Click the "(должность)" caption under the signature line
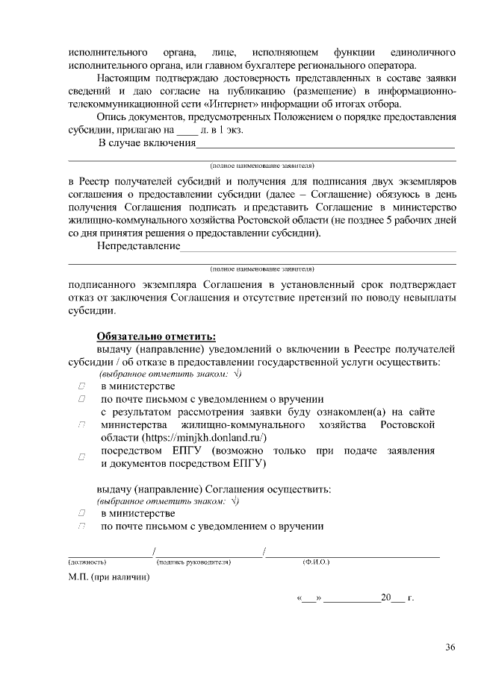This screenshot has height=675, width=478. (x=87, y=561)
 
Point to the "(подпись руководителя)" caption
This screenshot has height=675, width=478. (x=193, y=561)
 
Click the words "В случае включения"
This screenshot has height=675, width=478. (x=146, y=143)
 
